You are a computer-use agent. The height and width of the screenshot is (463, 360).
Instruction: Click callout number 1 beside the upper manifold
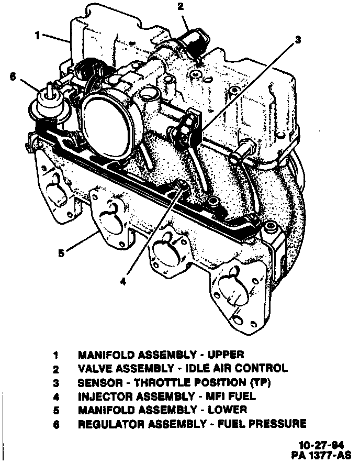(38, 36)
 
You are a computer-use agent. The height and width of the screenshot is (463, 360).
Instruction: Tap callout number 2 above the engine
(180, 7)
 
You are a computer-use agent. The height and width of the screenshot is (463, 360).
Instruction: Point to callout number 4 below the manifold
(123, 281)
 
